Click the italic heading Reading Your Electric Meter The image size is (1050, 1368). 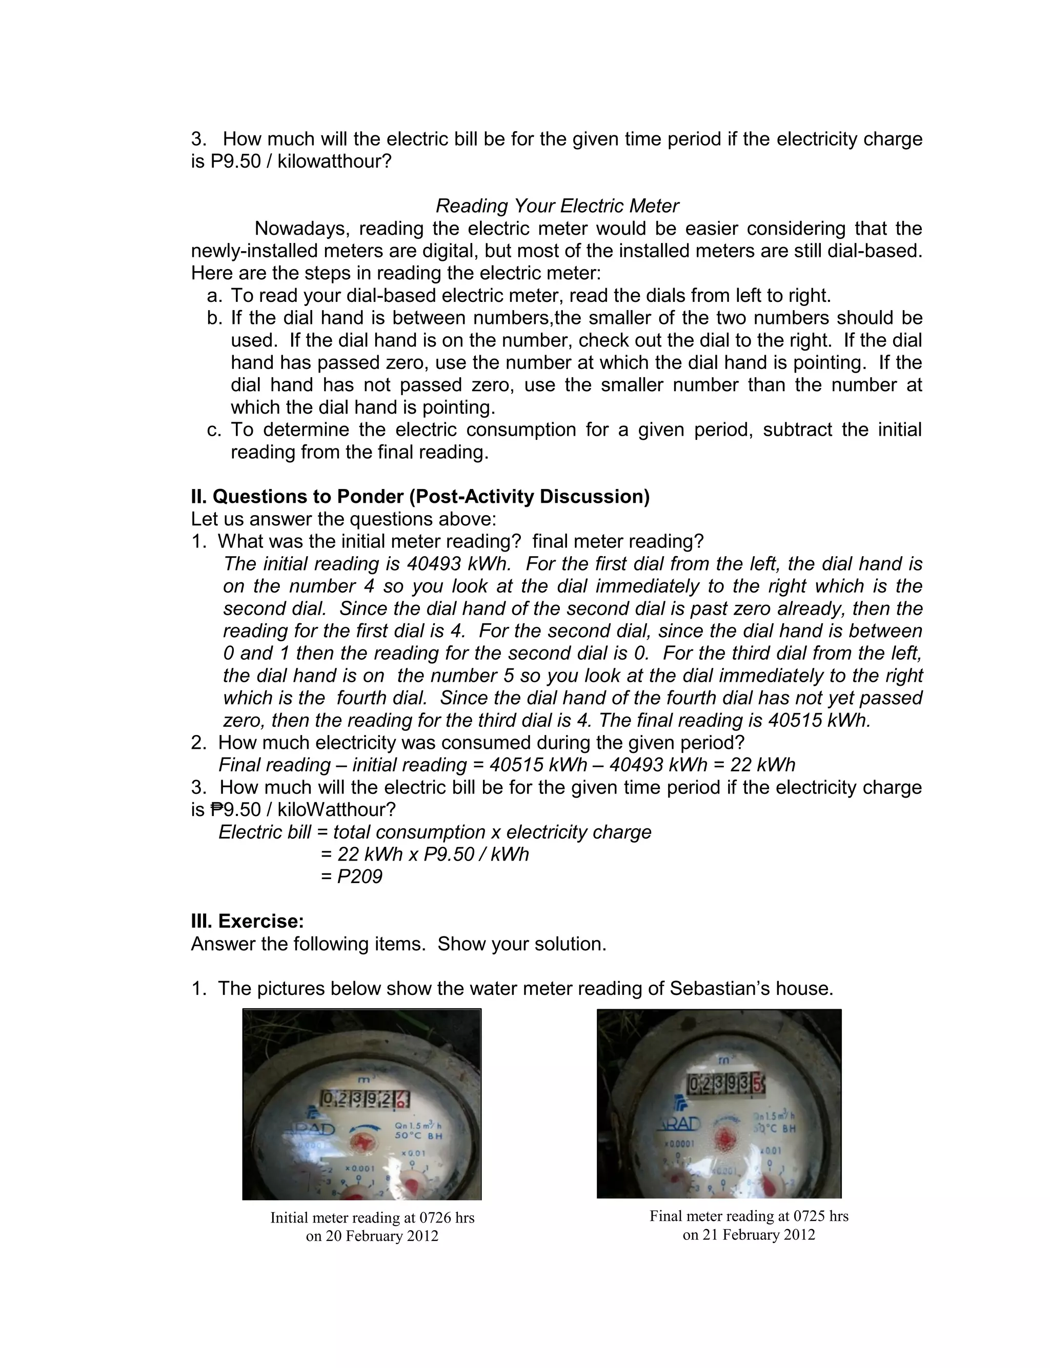coord(557,206)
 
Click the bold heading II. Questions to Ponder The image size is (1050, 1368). coord(420,497)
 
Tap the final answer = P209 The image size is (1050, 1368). coord(351,876)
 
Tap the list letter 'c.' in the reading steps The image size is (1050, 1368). coord(214,430)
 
